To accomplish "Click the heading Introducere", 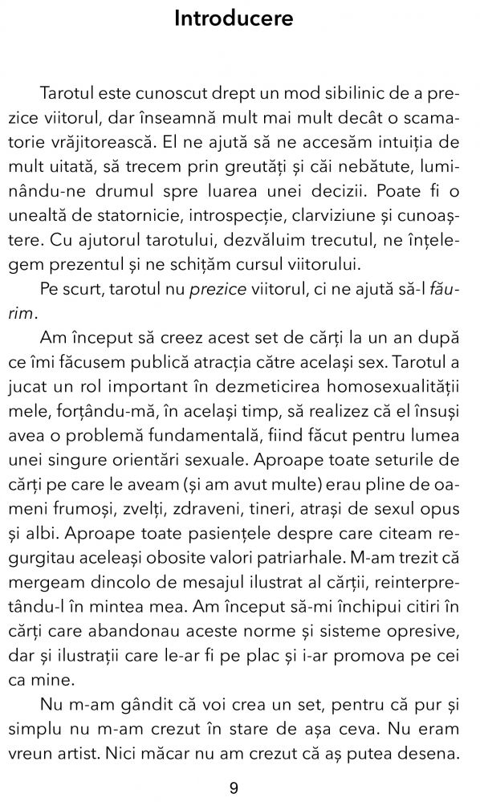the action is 234,18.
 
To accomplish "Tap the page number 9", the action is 234,788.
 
